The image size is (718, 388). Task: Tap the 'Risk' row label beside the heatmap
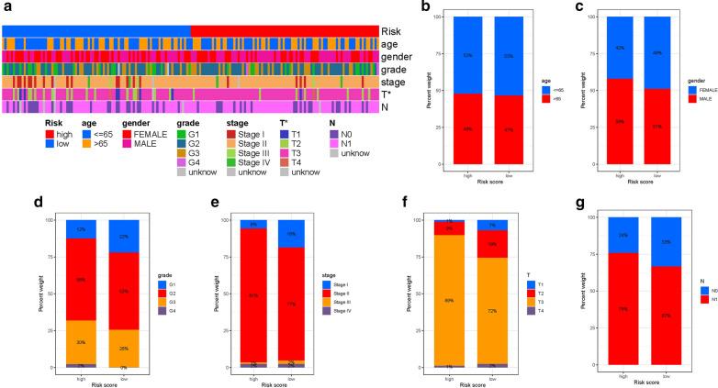(x=392, y=30)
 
